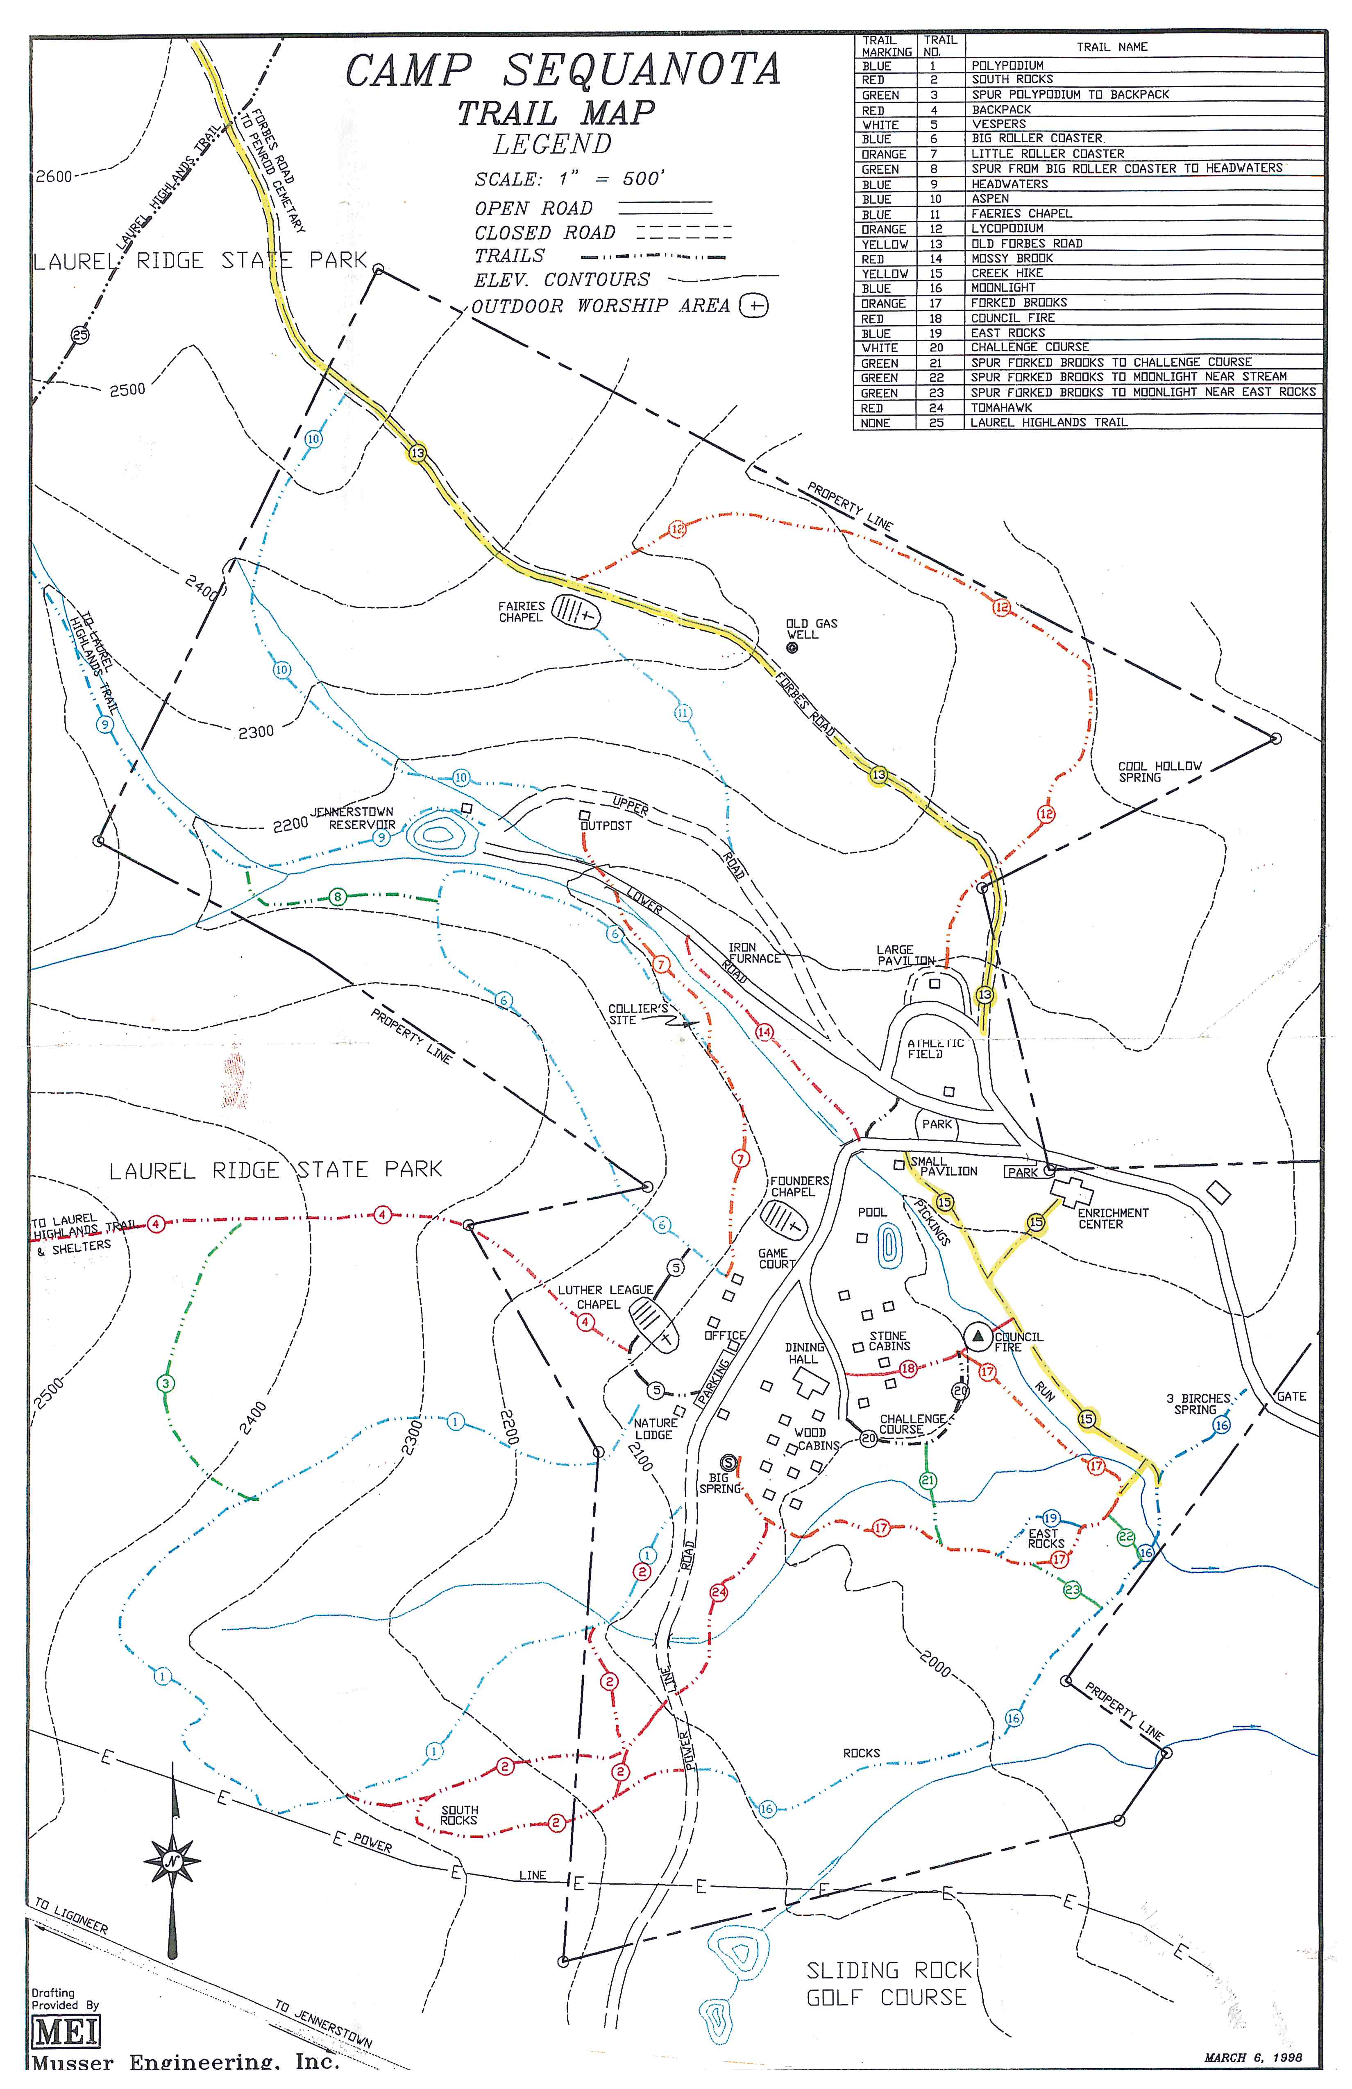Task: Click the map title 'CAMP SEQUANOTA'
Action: pos(562,70)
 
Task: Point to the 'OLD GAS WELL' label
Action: pos(811,628)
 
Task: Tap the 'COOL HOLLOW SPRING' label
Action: pos(1159,772)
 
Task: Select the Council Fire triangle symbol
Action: pos(977,1335)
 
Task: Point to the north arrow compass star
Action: pos(172,1860)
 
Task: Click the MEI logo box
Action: pos(66,2031)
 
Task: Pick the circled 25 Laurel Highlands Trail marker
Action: pos(80,334)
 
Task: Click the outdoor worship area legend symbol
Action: pos(753,306)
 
